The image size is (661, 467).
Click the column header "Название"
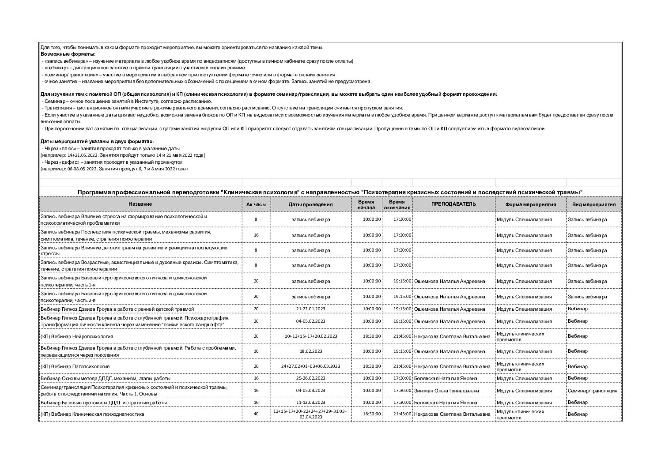(x=140, y=204)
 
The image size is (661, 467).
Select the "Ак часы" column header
(x=256, y=204)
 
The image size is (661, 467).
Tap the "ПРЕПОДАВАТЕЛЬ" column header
(x=453, y=204)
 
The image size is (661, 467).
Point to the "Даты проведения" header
(x=310, y=204)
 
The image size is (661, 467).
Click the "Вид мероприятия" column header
(x=593, y=204)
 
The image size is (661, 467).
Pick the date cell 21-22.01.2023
(x=310, y=309)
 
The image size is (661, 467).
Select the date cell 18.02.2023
(x=310, y=351)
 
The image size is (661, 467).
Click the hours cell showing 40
(x=256, y=414)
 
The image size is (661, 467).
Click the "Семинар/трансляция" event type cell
(x=592, y=391)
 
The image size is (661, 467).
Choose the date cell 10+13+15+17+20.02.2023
(x=310, y=336)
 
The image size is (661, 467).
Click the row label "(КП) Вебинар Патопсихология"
(x=75, y=366)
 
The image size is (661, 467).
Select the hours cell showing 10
(x=256, y=351)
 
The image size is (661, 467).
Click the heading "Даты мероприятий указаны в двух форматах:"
(x=97, y=142)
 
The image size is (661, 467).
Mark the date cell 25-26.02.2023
(x=310, y=378)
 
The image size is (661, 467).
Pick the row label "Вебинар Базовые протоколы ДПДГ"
(x=103, y=403)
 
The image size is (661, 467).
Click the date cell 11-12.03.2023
(x=310, y=403)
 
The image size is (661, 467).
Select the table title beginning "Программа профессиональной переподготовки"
(x=330, y=192)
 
